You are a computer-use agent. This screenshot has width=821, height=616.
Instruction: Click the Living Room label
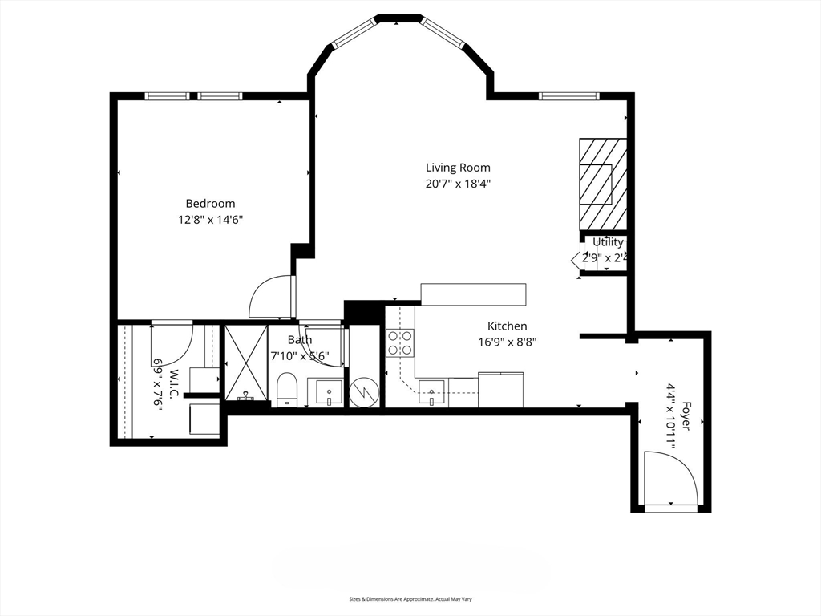[x=457, y=168]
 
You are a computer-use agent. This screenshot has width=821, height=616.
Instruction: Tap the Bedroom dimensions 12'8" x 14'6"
[x=210, y=219]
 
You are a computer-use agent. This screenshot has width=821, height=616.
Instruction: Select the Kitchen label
[x=507, y=326]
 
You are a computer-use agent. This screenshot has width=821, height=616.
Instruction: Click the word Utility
[x=608, y=242]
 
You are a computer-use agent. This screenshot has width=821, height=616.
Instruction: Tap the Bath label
[x=299, y=339]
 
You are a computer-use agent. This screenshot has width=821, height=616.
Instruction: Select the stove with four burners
[x=400, y=343]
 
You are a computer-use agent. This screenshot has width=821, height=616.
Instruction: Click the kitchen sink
[x=431, y=395]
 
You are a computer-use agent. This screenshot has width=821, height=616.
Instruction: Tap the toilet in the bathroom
[x=286, y=391]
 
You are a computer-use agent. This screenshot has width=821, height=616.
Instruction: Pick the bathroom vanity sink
[x=326, y=392]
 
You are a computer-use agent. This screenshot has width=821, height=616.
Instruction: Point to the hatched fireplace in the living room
[x=602, y=184]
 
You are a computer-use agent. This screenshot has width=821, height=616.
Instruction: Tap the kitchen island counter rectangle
[x=473, y=294]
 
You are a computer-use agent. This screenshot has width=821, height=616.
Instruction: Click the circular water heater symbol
[x=365, y=392]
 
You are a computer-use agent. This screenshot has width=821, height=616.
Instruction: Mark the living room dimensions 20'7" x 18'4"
[x=457, y=184]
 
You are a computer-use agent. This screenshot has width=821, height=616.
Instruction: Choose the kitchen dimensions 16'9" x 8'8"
[x=507, y=342]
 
